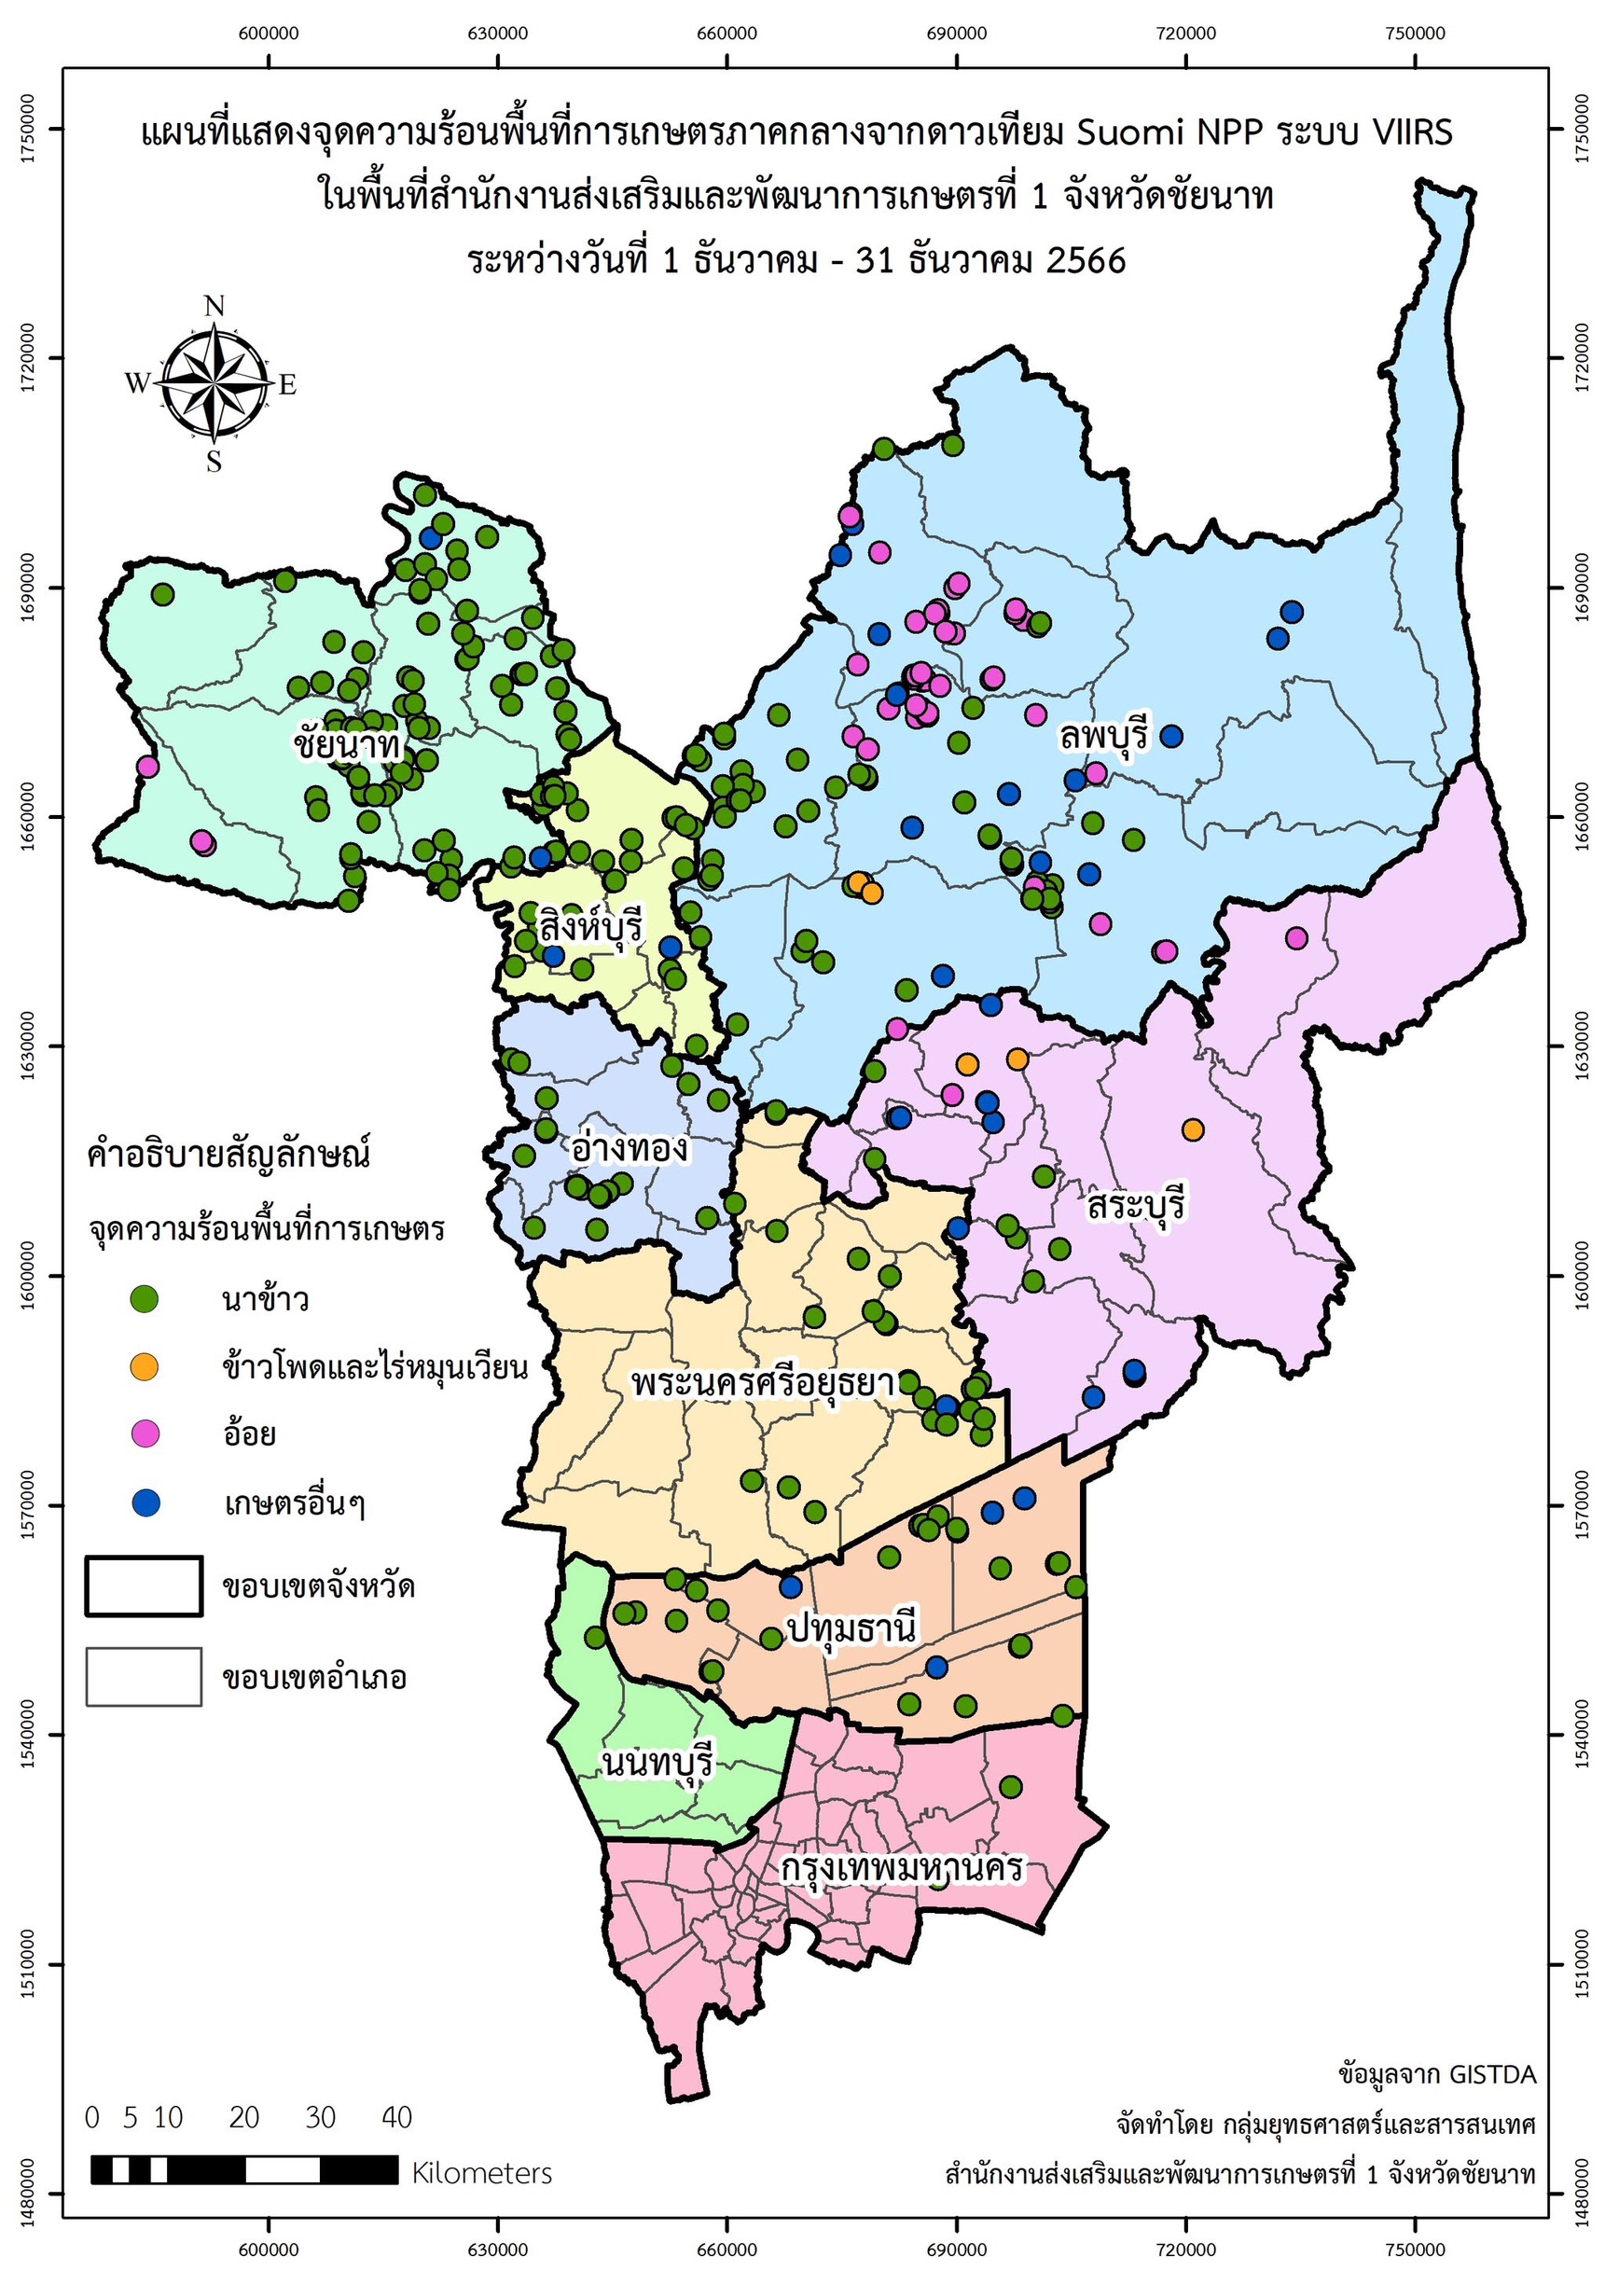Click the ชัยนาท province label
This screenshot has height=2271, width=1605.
(345, 742)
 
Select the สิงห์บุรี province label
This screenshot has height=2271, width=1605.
(590, 928)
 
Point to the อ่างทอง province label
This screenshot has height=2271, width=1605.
(629, 1149)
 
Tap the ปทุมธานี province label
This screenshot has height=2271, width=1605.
(851, 1629)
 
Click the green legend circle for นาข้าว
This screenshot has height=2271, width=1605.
(145, 1298)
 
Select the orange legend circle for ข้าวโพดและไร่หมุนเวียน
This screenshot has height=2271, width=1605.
(145, 1367)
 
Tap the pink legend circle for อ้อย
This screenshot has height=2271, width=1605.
(145, 1433)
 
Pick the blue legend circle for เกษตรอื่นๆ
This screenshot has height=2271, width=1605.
(145, 1503)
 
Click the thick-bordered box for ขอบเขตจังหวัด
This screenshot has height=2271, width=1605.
(145, 1586)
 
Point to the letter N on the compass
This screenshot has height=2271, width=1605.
(214, 307)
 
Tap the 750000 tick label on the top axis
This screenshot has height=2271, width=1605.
(1415, 34)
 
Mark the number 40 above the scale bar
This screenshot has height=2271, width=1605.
(396, 2118)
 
